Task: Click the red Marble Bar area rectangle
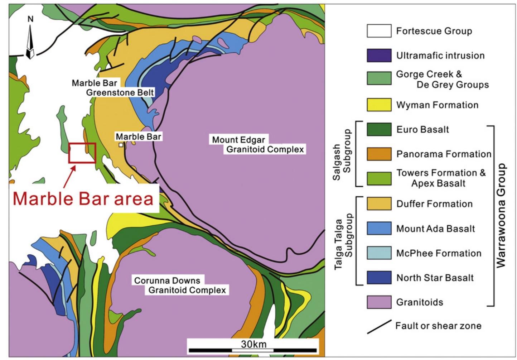click(x=82, y=153)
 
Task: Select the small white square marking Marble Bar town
click(x=121, y=145)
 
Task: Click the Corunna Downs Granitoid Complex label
click(x=180, y=285)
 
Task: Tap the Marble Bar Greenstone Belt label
click(x=113, y=88)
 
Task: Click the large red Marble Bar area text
click(x=83, y=198)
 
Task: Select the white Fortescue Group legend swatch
click(x=379, y=31)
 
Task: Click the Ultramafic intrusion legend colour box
click(x=379, y=56)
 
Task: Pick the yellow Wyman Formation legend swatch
click(x=379, y=105)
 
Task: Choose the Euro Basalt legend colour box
click(x=379, y=129)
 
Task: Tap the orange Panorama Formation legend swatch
click(x=379, y=154)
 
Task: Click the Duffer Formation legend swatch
click(x=379, y=204)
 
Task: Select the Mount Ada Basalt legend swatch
click(x=379, y=229)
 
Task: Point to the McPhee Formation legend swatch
click(x=379, y=253)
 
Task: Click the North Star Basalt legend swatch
click(x=379, y=278)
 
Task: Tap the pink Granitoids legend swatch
click(x=379, y=302)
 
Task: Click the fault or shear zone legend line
click(x=379, y=327)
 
